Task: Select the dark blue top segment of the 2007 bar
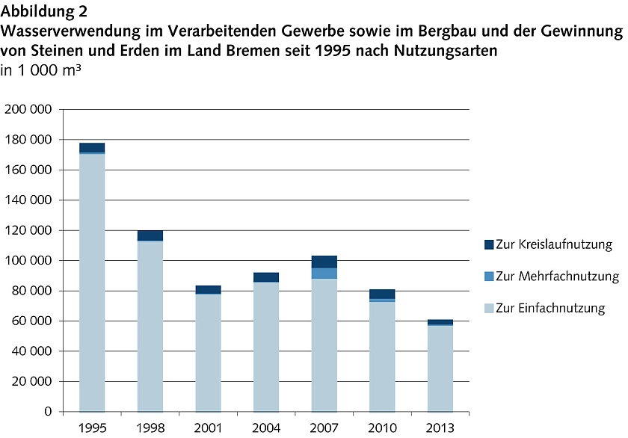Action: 324,262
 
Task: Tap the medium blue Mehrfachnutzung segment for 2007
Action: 324,273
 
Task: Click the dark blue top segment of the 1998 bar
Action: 150,235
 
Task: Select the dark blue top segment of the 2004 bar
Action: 266,277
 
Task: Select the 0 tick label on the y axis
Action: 47,411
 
